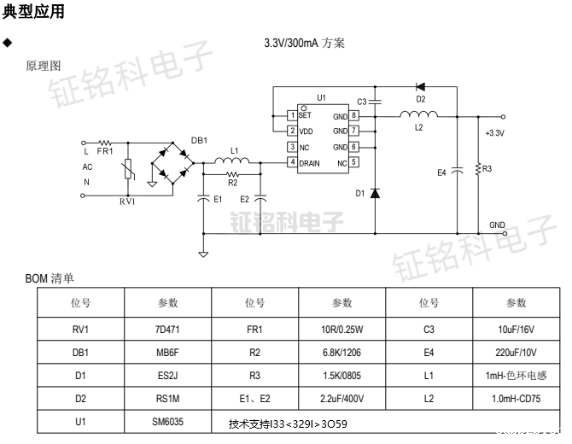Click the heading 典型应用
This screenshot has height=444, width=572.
(33, 12)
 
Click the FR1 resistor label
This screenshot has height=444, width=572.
(104, 150)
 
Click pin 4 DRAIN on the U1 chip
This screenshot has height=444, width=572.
(292, 162)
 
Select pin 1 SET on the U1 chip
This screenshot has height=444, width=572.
(292, 115)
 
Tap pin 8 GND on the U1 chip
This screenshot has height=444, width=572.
(353, 115)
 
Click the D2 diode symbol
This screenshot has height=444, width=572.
(420, 85)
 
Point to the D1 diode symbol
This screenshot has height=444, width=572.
(376, 193)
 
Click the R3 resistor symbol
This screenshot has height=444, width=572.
(478, 169)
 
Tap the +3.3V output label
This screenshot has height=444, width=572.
(494, 133)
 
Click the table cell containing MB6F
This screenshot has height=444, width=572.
(168, 350)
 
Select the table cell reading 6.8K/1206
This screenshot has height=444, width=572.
(342, 350)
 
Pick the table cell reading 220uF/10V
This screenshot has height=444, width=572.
(517, 350)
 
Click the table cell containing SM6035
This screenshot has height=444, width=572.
(168, 422)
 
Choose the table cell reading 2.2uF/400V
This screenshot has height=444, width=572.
(342, 398)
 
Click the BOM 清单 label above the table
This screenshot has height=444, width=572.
(50, 278)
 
